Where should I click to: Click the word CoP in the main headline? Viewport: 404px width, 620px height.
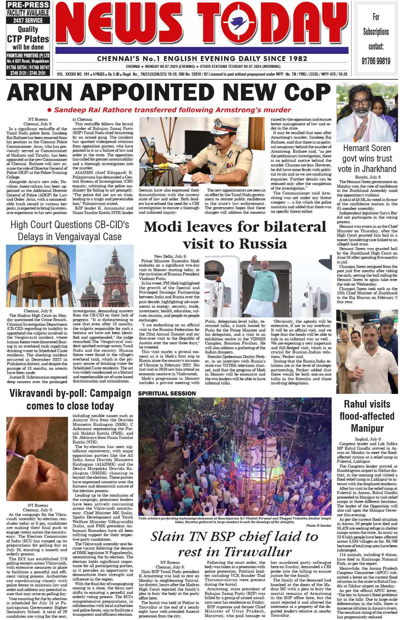[x=307, y=92]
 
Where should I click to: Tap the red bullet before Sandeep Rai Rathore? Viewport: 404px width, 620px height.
[x=50, y=110]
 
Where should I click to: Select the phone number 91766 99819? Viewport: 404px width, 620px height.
[x=376, y=61]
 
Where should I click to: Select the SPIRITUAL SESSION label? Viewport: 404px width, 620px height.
[x=167, y=394]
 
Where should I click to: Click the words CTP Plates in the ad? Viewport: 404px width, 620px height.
[x=28, y=39]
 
